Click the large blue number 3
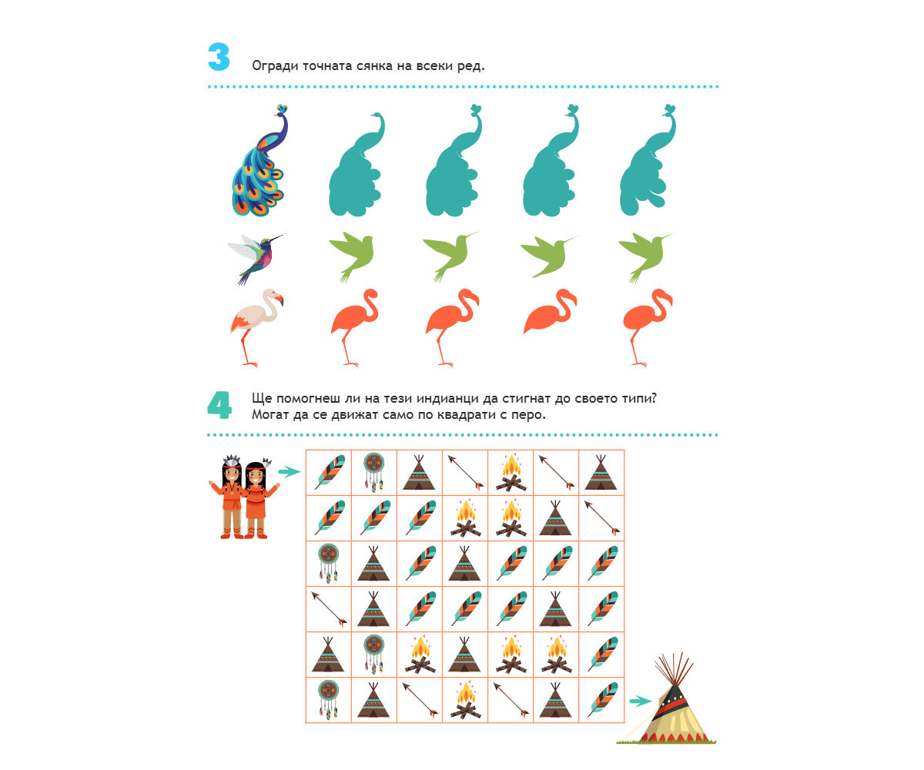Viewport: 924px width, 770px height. point(219,57)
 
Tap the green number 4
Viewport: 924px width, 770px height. point(219,405)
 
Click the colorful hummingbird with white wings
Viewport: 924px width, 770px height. point(256,259)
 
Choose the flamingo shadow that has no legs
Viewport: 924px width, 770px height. point(550,311)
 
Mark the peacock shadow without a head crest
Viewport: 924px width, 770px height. point(357,164)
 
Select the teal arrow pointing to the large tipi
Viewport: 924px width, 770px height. point(640,701)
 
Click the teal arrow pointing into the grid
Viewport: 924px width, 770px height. point(290,472)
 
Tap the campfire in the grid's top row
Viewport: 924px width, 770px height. point(511,473)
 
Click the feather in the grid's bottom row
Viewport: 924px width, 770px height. point(602,700)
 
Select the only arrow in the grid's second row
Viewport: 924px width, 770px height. point(602,517)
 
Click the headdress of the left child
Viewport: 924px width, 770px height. point(232,460)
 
